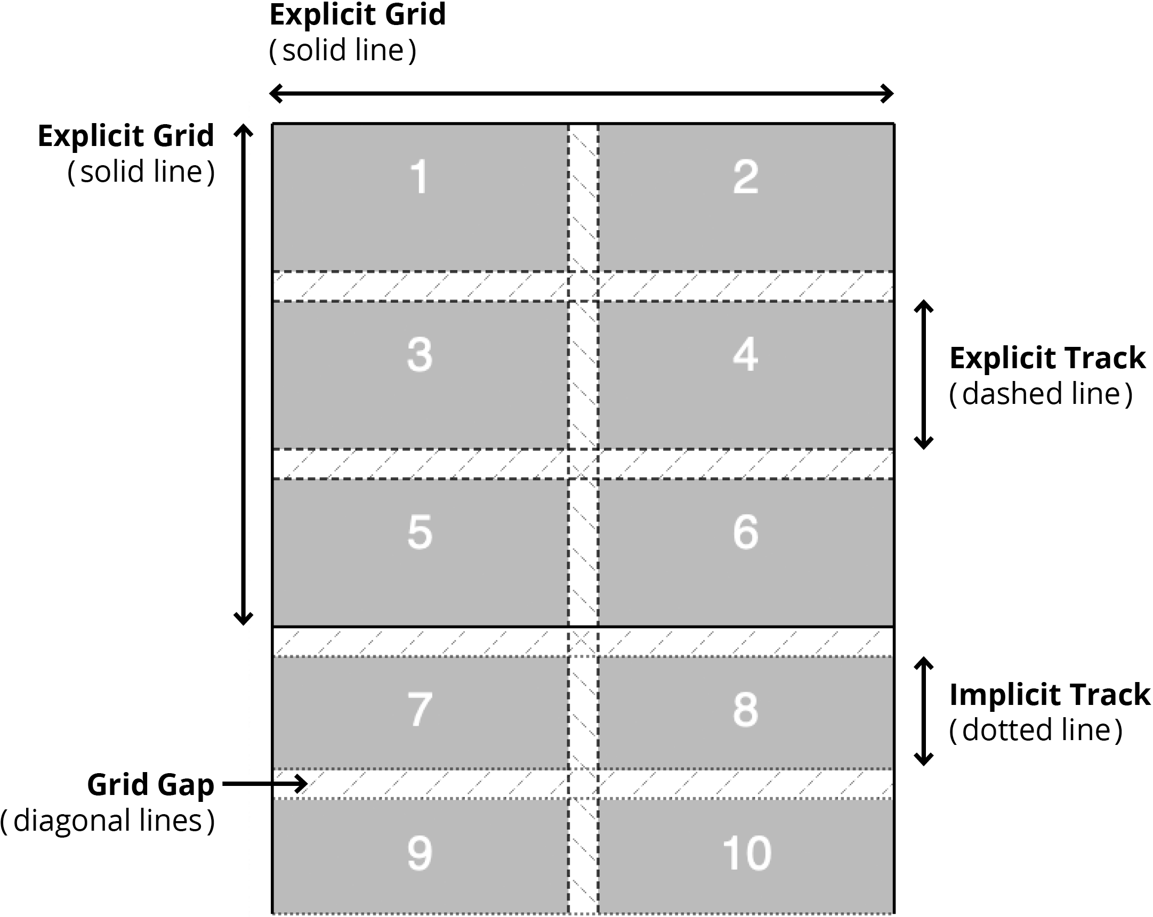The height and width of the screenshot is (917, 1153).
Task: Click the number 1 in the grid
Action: [x=419, y=176]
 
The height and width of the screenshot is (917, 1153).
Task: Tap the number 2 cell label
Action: [x=746, y=176]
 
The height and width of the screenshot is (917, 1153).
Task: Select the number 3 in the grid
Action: [x=420, y=354]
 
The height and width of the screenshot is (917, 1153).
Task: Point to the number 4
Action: [x=746, y=354]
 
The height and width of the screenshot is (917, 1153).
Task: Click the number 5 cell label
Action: [x=420, y=532]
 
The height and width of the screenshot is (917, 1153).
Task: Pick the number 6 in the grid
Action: [x=746, y=532]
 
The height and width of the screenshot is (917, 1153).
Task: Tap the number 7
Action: [x=420, y=710]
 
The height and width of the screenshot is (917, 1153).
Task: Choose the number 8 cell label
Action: [x=746, y=710]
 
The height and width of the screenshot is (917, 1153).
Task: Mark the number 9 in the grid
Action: [x=420, y=853]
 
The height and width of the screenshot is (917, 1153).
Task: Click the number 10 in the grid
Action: [x=747, y=853]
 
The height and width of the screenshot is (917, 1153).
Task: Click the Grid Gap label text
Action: [x=150, y=785]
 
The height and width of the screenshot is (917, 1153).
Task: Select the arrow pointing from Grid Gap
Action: [x=265, y=784]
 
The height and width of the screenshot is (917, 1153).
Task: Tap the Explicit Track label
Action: [x=1047, y=358]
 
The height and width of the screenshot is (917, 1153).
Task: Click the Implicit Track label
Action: [x=1049, y=695]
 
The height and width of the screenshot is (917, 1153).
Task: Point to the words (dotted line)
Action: [x=1036, y=730]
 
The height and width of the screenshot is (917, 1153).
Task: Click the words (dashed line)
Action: [x=1041, y=394]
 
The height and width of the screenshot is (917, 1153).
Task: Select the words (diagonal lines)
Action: [x=108, y=821]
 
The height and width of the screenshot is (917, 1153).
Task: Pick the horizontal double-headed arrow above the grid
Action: [x=582, y=94]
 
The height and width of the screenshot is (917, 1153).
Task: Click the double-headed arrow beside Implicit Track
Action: [x=924, y=711]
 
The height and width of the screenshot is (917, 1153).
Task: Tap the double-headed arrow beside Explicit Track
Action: [x=924, y=374]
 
